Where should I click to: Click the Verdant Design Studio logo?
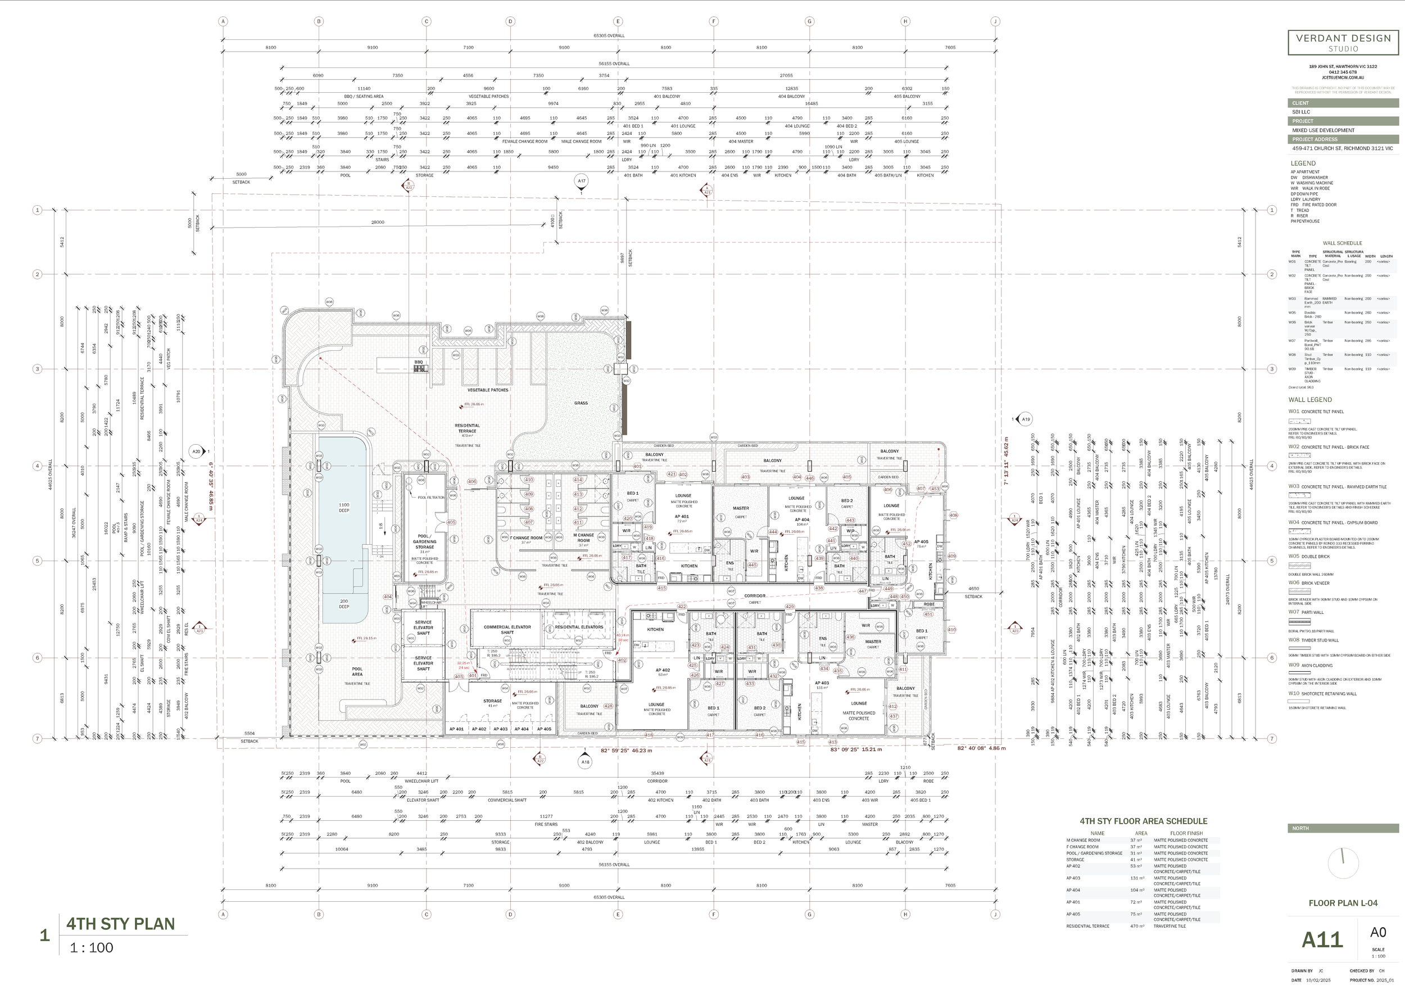(x=1343, y=42)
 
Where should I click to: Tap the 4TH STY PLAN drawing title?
(x=121, y=924)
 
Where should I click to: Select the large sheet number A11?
(x=1322, y=939)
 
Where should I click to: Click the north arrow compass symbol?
(x=1343, y=862)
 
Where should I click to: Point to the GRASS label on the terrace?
(x=581, y=403)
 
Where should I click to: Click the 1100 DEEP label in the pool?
(x=344, y=508)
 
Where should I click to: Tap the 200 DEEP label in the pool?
(x=344, y=603)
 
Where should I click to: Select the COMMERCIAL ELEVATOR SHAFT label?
(x=507, y=629)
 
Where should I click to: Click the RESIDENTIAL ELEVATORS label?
(x=578, y=627)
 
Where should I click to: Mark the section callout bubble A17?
(x=581, y=180)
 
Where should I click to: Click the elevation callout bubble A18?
(x=585, y=762)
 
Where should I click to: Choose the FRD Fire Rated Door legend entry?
(x=1315, y=205)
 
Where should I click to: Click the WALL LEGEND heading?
(x=1309, y=400)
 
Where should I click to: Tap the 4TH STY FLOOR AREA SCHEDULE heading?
(x=1143, y=821)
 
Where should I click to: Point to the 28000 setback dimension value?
(x=378, y=222)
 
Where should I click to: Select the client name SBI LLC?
(x=1301, y=112)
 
